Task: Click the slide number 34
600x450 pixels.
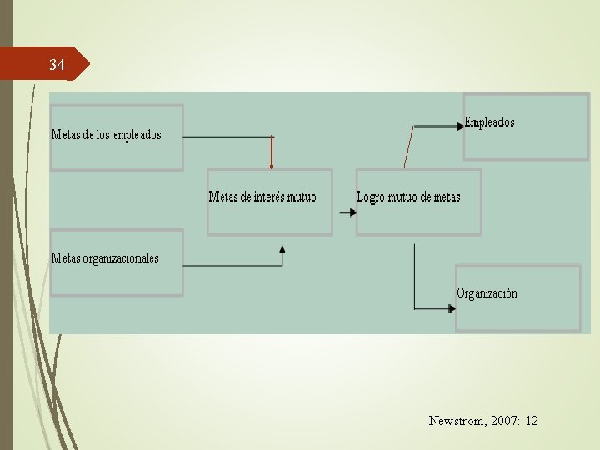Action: click(x=57, y=64)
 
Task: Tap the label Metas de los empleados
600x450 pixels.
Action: click(x=106, y=134)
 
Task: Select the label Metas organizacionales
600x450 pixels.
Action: click(x=105, y=257)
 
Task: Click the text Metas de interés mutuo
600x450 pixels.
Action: click(x=262, y=197)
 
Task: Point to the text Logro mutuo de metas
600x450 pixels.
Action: click(x=408, y=197)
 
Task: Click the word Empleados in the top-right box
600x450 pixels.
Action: click(x=489, y=122)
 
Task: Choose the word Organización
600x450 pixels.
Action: click(x=487, y=293)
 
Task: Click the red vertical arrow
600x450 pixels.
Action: click(x=272, y=152)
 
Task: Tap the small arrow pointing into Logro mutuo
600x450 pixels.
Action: click(x=348, y=212)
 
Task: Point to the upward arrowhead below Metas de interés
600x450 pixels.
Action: click(x=282, y=248)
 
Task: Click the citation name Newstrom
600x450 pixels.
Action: click(x=456, y=421)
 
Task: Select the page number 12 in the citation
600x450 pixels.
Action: click(x=532, y=421)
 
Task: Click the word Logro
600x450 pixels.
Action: click(x=371, y=197)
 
